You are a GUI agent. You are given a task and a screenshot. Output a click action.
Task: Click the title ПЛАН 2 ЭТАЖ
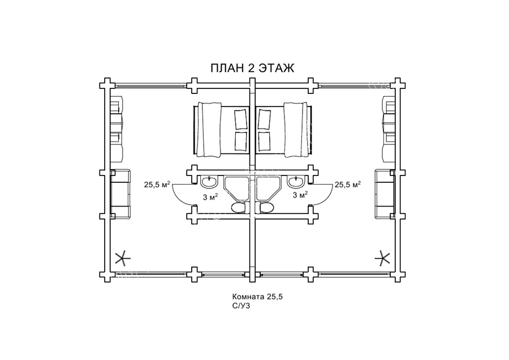tap(252, 68)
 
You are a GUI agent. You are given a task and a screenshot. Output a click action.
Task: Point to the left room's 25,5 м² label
tap(157, 185)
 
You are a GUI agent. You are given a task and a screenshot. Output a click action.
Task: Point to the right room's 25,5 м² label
tap(348, 185)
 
